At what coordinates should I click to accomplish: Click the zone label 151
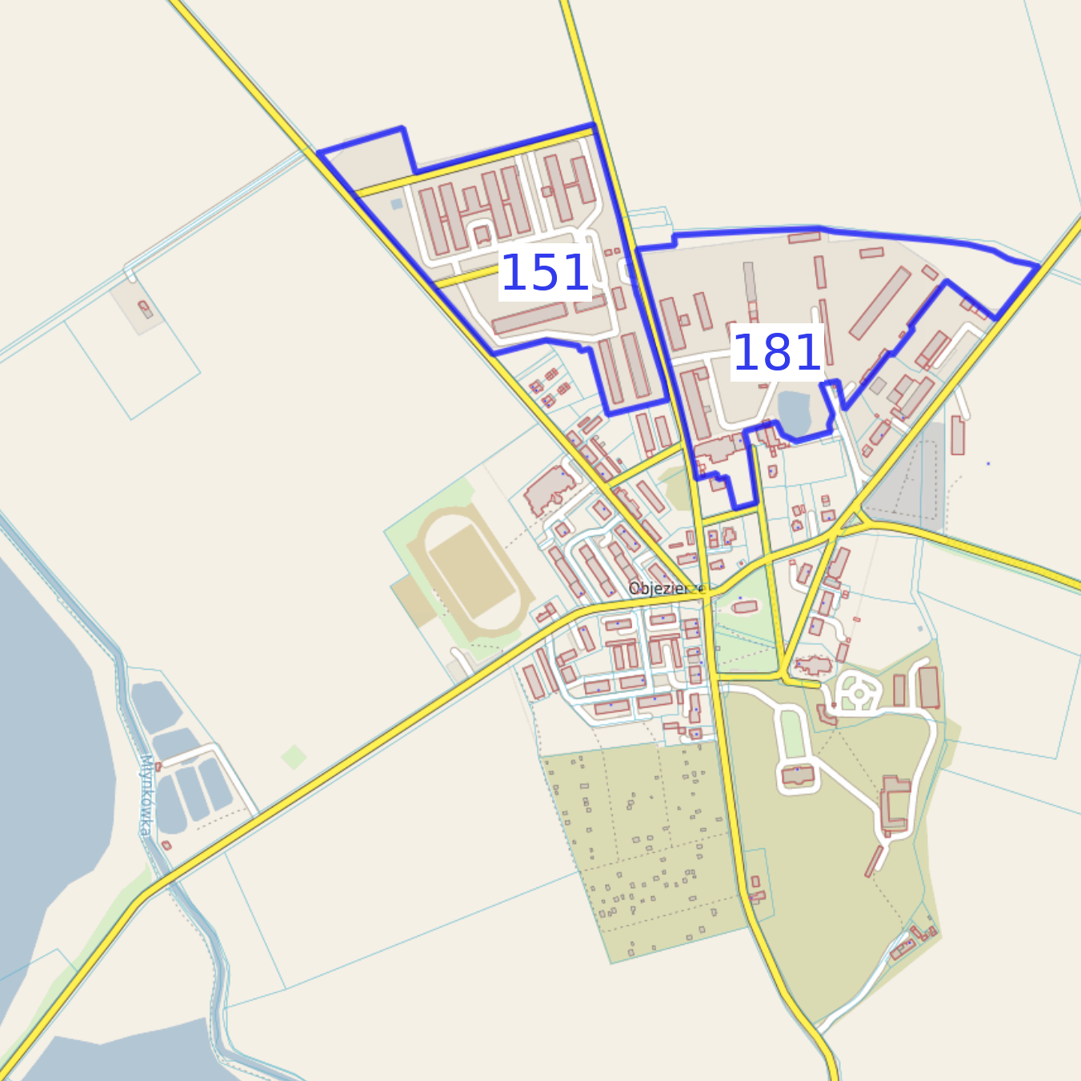pos(545,273)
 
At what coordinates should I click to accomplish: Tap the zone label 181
pos(777,352)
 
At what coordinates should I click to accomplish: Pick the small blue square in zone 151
pos(397,204)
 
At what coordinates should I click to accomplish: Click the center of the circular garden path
pos(857,691)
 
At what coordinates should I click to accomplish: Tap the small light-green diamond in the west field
pos(294,756)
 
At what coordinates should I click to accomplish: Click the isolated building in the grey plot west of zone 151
pos(145,308)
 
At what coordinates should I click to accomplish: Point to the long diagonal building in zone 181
pos(879,303)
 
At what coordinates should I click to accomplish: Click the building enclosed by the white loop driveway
pos(798,775)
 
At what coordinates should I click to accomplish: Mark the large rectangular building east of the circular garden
pos(928,687)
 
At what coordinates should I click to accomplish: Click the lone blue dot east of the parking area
pos(988,463)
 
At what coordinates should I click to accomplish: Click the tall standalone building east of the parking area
pos(957,435)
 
